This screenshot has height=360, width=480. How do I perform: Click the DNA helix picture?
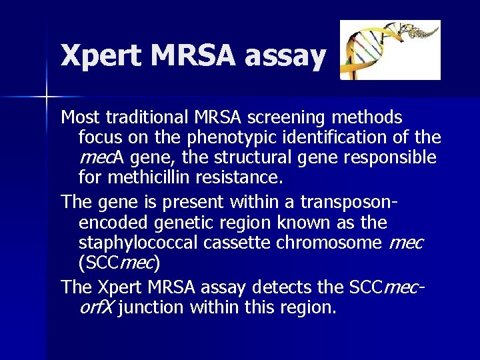(390, 50)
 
